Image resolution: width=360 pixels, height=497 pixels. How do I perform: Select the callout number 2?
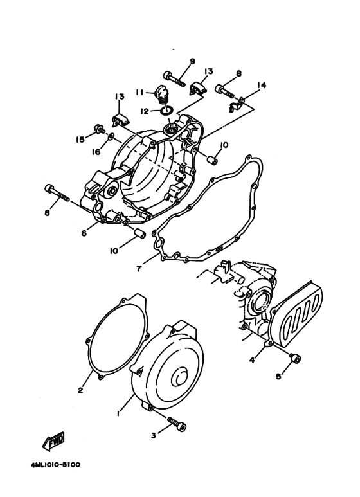81,390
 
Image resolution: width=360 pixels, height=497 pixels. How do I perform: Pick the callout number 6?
84,233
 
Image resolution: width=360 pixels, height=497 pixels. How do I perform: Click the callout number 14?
262,85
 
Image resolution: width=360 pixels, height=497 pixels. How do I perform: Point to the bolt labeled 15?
99,129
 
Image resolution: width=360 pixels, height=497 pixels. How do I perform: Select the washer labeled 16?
112,136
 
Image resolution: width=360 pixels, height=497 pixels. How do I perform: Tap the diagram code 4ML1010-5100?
55,463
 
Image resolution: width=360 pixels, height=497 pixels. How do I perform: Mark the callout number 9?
192,62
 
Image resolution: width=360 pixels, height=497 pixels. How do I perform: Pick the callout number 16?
96,151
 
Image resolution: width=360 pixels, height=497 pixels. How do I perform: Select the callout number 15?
80,139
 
